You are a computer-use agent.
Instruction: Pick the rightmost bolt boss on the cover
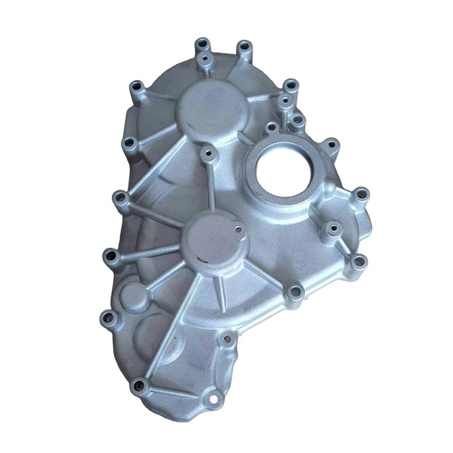(x=361, y=194)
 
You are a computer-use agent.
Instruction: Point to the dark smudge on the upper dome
(x=187, y=127)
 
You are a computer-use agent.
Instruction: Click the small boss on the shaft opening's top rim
(x=272, y=128)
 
